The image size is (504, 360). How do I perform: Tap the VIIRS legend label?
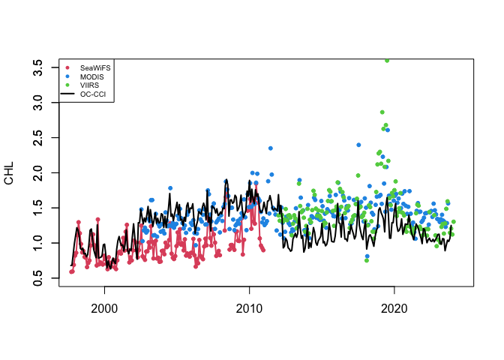tap(89, 85)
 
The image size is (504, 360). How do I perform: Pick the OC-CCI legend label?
tap(92, 94)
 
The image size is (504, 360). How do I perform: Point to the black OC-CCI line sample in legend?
tap(69, 94)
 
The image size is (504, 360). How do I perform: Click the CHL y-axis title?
tap(9, 173)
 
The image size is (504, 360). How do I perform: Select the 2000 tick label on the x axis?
tap(104, 307)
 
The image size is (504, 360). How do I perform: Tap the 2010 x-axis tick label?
tap(249, 307)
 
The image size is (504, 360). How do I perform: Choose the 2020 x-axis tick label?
tap(394, 307)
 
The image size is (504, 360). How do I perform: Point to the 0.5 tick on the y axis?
tap(35, 278)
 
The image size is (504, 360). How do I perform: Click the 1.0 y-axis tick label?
tap(35, 243)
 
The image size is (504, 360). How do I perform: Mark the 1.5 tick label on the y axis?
tap(35, 208)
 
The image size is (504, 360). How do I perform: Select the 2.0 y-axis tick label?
tap(35, 172)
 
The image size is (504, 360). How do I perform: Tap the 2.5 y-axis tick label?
tap(35, 138)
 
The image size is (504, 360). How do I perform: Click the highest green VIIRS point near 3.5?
tap(387, 61)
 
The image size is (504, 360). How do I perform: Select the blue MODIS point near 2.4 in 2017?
tap(358, 145)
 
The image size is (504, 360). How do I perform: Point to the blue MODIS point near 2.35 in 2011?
tap(271, 148)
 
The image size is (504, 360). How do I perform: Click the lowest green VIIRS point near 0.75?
tap(367, 261)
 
